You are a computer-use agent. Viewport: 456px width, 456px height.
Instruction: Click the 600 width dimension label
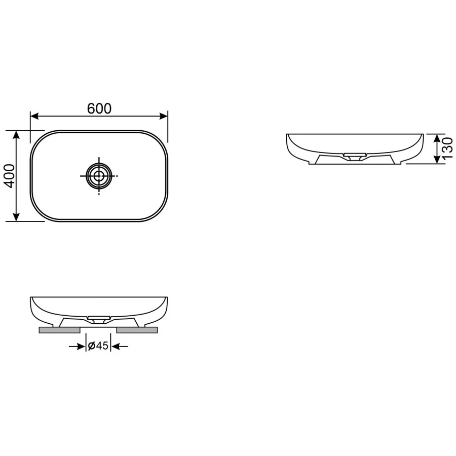coord(99,108)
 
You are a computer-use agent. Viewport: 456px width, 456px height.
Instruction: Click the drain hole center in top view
coord(99,176)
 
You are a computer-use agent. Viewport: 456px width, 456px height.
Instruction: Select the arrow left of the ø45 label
coord(81,347)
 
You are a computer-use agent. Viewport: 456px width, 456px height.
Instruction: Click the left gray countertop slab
coord(60,330)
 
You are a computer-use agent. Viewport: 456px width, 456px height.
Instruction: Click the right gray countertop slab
coord(137,330)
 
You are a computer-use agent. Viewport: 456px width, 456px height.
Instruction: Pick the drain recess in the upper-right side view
coord(354,155)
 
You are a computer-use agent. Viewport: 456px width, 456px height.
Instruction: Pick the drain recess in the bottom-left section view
coord(99,319)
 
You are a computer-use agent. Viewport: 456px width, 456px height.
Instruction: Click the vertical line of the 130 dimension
coord(437,149)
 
